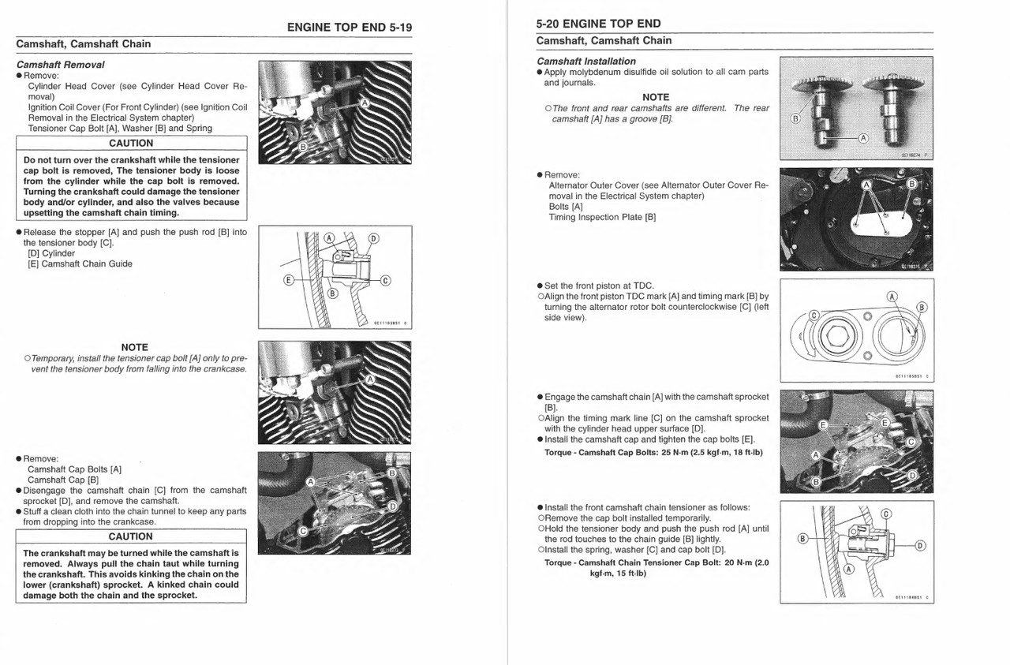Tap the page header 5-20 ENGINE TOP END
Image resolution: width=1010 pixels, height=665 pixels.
(x=598, y=24)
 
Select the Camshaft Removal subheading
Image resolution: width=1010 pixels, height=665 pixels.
(x=60, y=65)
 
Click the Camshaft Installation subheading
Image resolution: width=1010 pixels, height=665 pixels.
(x=585, y=61)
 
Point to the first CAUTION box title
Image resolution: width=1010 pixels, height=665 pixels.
(x=131, y=144)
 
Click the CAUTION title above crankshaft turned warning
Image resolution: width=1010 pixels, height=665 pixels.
(x=131, y=536)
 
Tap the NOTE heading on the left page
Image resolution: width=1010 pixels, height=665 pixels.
(x=135, y=347)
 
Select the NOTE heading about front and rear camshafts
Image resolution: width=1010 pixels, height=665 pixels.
(x=655, y=97)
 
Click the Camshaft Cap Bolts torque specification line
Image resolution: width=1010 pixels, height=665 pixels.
(x=653, y=452)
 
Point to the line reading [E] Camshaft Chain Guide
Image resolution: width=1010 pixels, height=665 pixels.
(x=80, y=264)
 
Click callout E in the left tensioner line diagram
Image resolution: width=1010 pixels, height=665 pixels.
(x=289, y=279)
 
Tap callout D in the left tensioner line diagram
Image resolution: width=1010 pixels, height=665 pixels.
(x=373, y=239)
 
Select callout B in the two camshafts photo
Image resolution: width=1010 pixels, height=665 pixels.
(x=795, y=118)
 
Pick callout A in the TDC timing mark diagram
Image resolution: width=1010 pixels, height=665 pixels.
(x=892, y=297)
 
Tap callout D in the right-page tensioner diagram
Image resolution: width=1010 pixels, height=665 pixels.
(x=920, y=545)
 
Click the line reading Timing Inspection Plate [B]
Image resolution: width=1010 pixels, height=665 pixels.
(x=602, y=217)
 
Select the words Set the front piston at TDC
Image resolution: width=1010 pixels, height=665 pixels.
(x=599, y=286)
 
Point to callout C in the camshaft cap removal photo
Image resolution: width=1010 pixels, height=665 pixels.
(x=301, y=531)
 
